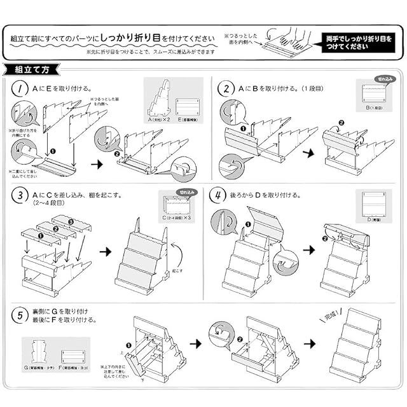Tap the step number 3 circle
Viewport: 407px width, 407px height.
click(21, 195)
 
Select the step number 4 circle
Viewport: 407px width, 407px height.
click(217, 195)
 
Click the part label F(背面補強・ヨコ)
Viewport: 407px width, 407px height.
click(74, 367)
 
